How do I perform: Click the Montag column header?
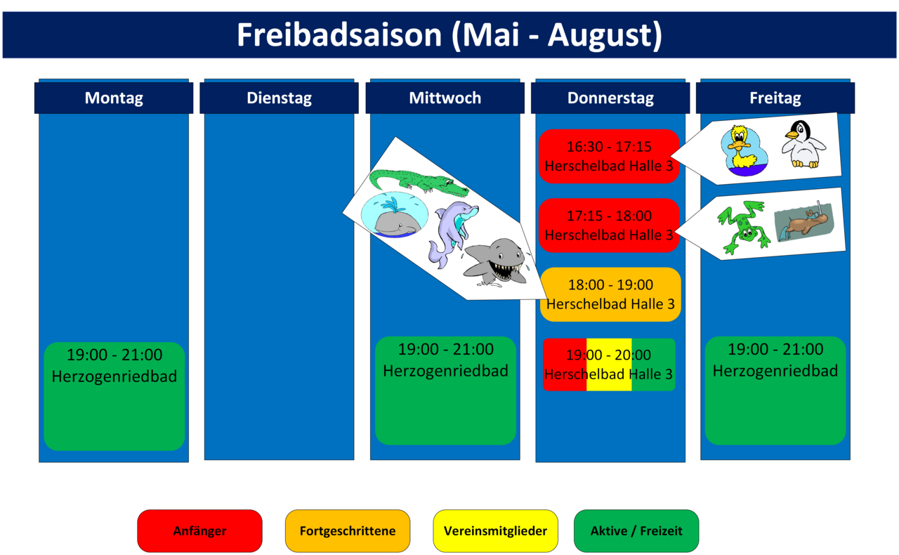114,98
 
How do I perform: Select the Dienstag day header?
279,98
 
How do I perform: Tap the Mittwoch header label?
445,98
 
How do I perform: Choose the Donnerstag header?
610,98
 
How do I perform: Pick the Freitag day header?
775,98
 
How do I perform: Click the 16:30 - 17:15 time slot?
609,156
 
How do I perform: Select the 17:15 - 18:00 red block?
609,226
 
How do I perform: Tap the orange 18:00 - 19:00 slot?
610,294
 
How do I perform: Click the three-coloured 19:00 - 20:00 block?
609,365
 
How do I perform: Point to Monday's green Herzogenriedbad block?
114,396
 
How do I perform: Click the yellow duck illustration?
744,150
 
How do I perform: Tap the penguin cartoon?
803,144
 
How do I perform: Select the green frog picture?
742,227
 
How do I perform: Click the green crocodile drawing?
419,183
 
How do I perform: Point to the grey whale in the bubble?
395,215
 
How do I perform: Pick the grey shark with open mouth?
495,262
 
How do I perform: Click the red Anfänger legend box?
199,531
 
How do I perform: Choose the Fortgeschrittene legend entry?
348,531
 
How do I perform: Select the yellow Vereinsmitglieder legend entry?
495,531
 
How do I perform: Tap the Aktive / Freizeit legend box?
636,531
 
